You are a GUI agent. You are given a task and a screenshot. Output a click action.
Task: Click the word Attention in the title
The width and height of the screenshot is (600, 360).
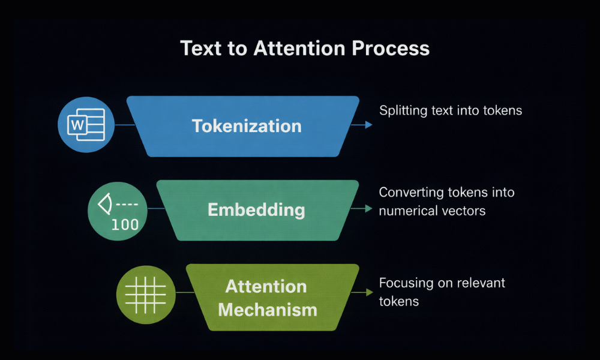[298, 48]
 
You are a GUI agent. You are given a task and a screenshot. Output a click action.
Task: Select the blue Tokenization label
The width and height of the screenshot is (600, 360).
[247, 126]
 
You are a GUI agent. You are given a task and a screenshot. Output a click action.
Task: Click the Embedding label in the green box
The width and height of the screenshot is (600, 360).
[256, 210]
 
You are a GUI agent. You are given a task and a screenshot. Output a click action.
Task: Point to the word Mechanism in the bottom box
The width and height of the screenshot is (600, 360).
[267, 310]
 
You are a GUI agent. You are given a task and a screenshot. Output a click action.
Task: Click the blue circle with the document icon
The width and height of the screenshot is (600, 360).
[85, 125]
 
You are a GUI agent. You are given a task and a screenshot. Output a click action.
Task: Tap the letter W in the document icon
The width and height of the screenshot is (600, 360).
[77, 125]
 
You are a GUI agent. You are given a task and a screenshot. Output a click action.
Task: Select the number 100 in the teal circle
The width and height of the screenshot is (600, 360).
[125, 225]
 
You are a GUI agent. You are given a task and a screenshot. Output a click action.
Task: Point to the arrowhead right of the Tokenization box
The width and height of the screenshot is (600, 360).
[368, 125]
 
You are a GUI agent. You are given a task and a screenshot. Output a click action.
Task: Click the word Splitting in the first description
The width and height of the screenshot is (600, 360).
[401, 111]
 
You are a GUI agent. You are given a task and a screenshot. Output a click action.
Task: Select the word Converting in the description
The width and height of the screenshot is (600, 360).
[411, 193]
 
